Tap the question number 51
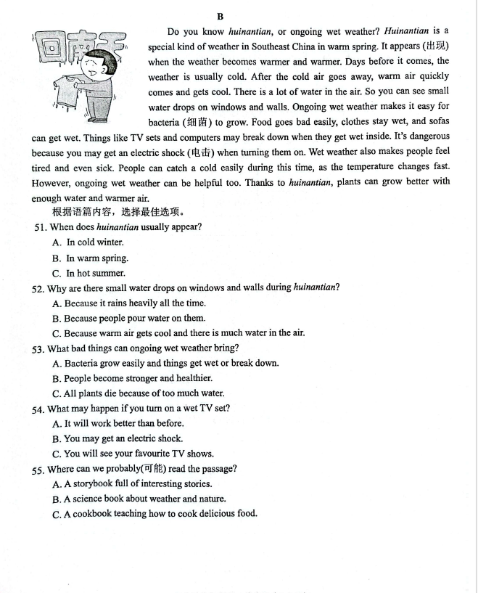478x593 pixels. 41,227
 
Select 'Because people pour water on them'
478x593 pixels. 134,318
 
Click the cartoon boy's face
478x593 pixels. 94,70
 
